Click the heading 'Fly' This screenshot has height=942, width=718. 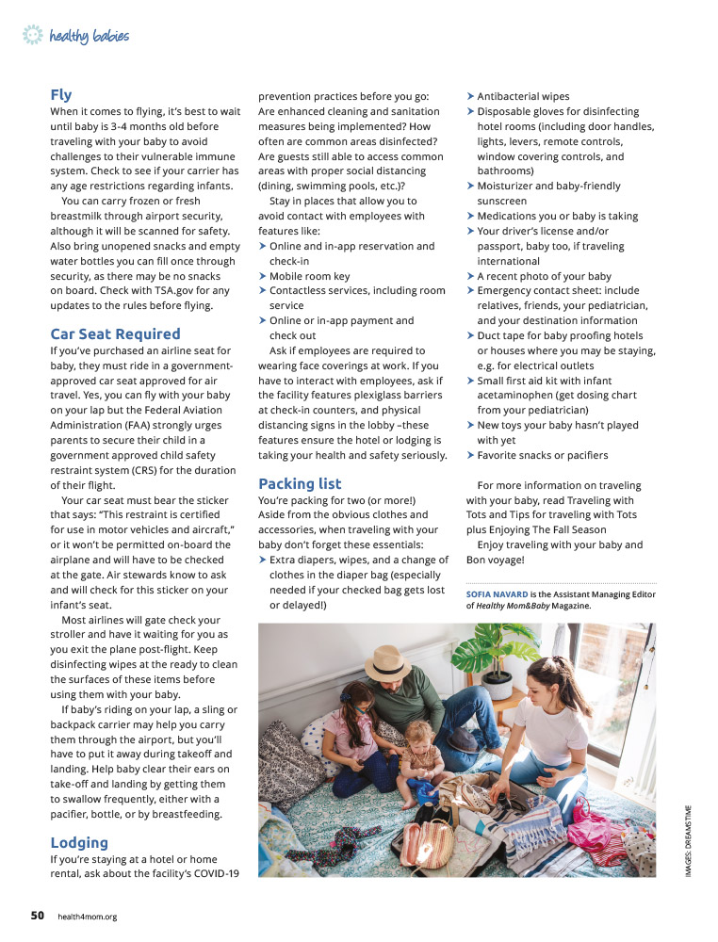click(61, 95)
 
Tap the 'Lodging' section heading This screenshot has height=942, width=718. click(79, 842)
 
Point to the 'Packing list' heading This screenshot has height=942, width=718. click(300, 484)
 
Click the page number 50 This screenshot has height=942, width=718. click(37, 916)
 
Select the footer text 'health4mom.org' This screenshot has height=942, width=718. click(88, 917)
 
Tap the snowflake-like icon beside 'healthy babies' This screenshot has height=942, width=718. click(33, 36)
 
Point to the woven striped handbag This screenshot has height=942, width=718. click(427, 839)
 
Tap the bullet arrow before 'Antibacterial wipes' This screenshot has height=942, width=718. click(471, 97)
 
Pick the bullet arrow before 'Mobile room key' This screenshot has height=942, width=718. click(263, 277)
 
